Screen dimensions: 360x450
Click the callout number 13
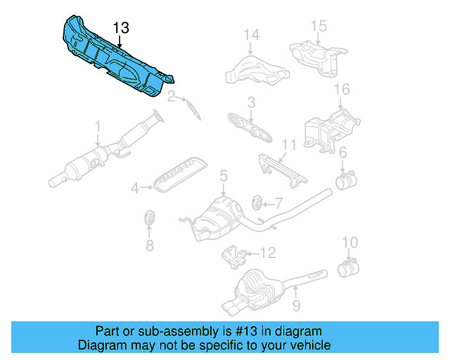(121, 28)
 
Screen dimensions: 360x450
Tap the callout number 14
(251, 34)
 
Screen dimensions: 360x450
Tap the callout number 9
(296, 306)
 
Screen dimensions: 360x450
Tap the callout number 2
(171, 96)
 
